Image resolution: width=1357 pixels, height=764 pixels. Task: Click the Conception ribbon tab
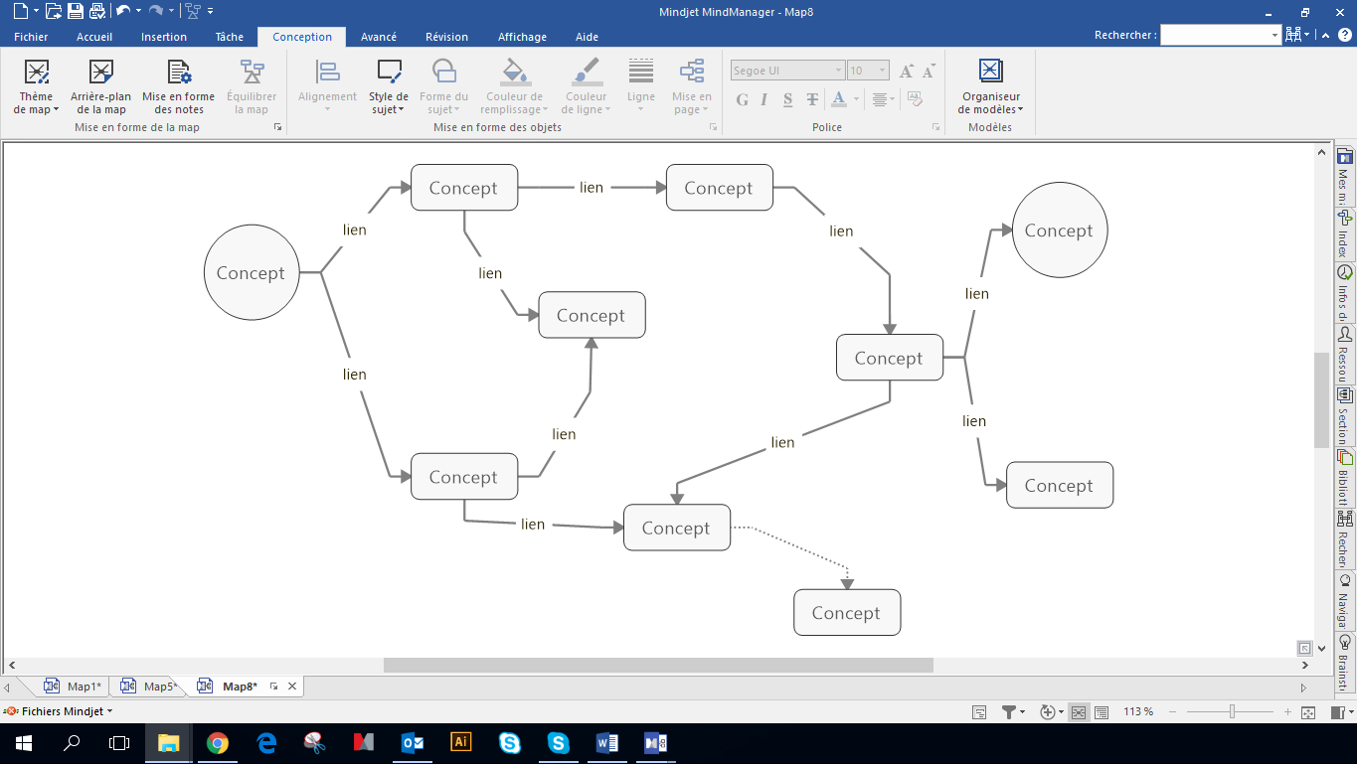302,37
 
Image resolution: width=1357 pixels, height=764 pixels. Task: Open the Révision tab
446,37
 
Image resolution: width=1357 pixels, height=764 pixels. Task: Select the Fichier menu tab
31,37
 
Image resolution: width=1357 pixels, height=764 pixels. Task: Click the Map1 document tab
84,687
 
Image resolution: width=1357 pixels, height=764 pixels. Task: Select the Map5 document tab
160,687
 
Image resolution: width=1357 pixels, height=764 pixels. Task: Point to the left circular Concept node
252,273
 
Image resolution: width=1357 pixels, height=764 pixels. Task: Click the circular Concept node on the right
1059,230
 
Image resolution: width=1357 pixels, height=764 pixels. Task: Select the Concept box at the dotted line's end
846,613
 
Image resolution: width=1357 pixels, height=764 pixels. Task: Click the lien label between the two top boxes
592,188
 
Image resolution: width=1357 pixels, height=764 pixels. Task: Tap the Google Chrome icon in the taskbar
218,742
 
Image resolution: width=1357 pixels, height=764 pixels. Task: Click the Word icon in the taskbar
606,742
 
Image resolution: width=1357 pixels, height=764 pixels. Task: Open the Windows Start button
23,742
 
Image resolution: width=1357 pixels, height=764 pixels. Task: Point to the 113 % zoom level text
1138,712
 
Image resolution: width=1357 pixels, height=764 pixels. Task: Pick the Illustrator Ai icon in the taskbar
460,742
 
